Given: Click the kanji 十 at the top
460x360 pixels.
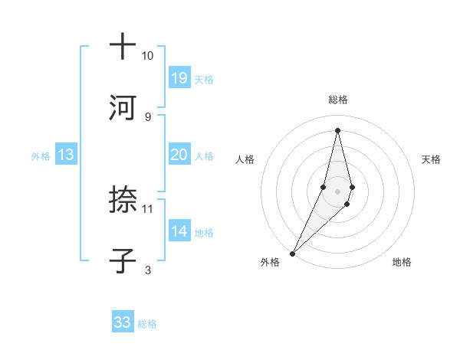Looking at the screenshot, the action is point(123,47).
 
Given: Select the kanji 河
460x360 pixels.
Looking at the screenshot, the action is point(123,108).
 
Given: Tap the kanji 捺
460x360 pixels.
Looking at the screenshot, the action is point(123,201).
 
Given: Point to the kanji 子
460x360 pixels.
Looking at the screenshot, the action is point(123,261).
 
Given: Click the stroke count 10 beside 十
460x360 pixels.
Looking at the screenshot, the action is point(148,56).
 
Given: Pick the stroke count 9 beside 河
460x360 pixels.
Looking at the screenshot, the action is point(148,116).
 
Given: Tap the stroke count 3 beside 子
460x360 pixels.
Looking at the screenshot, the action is point(148,270).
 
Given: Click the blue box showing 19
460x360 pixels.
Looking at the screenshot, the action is point(179,78).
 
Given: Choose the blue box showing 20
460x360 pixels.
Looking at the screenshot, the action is point(179,155).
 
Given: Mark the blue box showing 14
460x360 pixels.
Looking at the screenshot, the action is point(179,231).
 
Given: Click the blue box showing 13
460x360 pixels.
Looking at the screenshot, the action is point(66,155).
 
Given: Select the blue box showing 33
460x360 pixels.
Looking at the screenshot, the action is point(123,322).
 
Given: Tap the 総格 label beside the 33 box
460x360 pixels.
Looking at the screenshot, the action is point(147,324).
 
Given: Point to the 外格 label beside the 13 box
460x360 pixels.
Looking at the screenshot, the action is point(41,156).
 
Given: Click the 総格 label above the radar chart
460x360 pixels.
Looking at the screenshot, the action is point(337,100).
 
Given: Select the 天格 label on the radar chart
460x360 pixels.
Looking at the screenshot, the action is point(432,159).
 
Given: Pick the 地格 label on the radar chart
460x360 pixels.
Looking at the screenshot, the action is point(402,262).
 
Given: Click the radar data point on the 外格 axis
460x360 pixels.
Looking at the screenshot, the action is point(293,252).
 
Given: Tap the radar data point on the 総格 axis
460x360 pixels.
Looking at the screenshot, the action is point(337,130).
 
